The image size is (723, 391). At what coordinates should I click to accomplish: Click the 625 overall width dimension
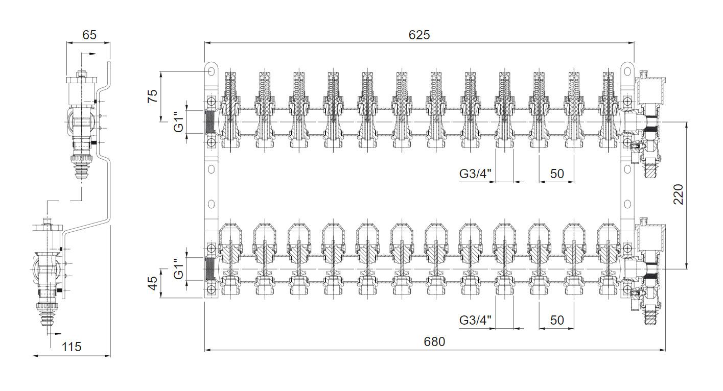tap(419, 35)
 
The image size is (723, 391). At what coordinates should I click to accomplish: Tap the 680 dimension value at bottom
tap(434, 341)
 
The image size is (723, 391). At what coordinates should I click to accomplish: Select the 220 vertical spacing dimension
tap(679, 194)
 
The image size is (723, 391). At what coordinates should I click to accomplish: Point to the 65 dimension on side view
tap(89, 35)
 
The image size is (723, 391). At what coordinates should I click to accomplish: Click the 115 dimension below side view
tap(72, 347)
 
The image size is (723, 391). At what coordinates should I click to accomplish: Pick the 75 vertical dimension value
tap(152, 96)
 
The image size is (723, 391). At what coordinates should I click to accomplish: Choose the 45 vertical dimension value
tap(152, 283)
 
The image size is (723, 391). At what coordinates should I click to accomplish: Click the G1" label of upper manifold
tap(178, 122)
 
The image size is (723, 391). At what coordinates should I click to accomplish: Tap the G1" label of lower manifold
tap(178, 268)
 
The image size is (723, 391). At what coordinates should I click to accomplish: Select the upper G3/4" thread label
tap(475, 174)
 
